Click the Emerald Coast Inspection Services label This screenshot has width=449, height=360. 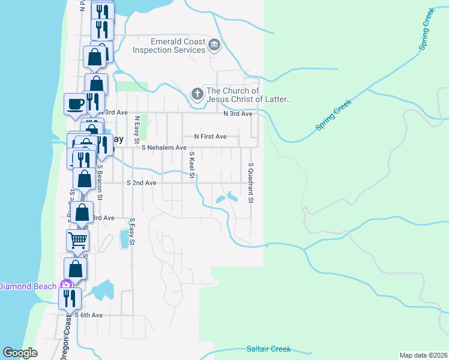point(169,46)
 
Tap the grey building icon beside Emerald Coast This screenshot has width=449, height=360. point(214,45)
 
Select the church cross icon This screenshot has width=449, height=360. point(197,94)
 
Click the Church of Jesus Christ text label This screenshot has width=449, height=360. point(249,94)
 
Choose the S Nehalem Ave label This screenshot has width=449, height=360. point(164,147)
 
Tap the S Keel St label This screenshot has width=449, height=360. point(192,165)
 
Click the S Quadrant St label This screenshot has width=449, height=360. point(251,182)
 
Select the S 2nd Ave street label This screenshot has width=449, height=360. point(142,182)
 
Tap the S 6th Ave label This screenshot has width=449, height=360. point(88,315)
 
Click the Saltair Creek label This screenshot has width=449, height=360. point(268,349)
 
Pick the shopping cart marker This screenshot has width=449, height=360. point(77,240)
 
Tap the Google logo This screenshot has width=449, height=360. point(20,353)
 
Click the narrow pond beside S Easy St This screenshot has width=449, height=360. point(124,238)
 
